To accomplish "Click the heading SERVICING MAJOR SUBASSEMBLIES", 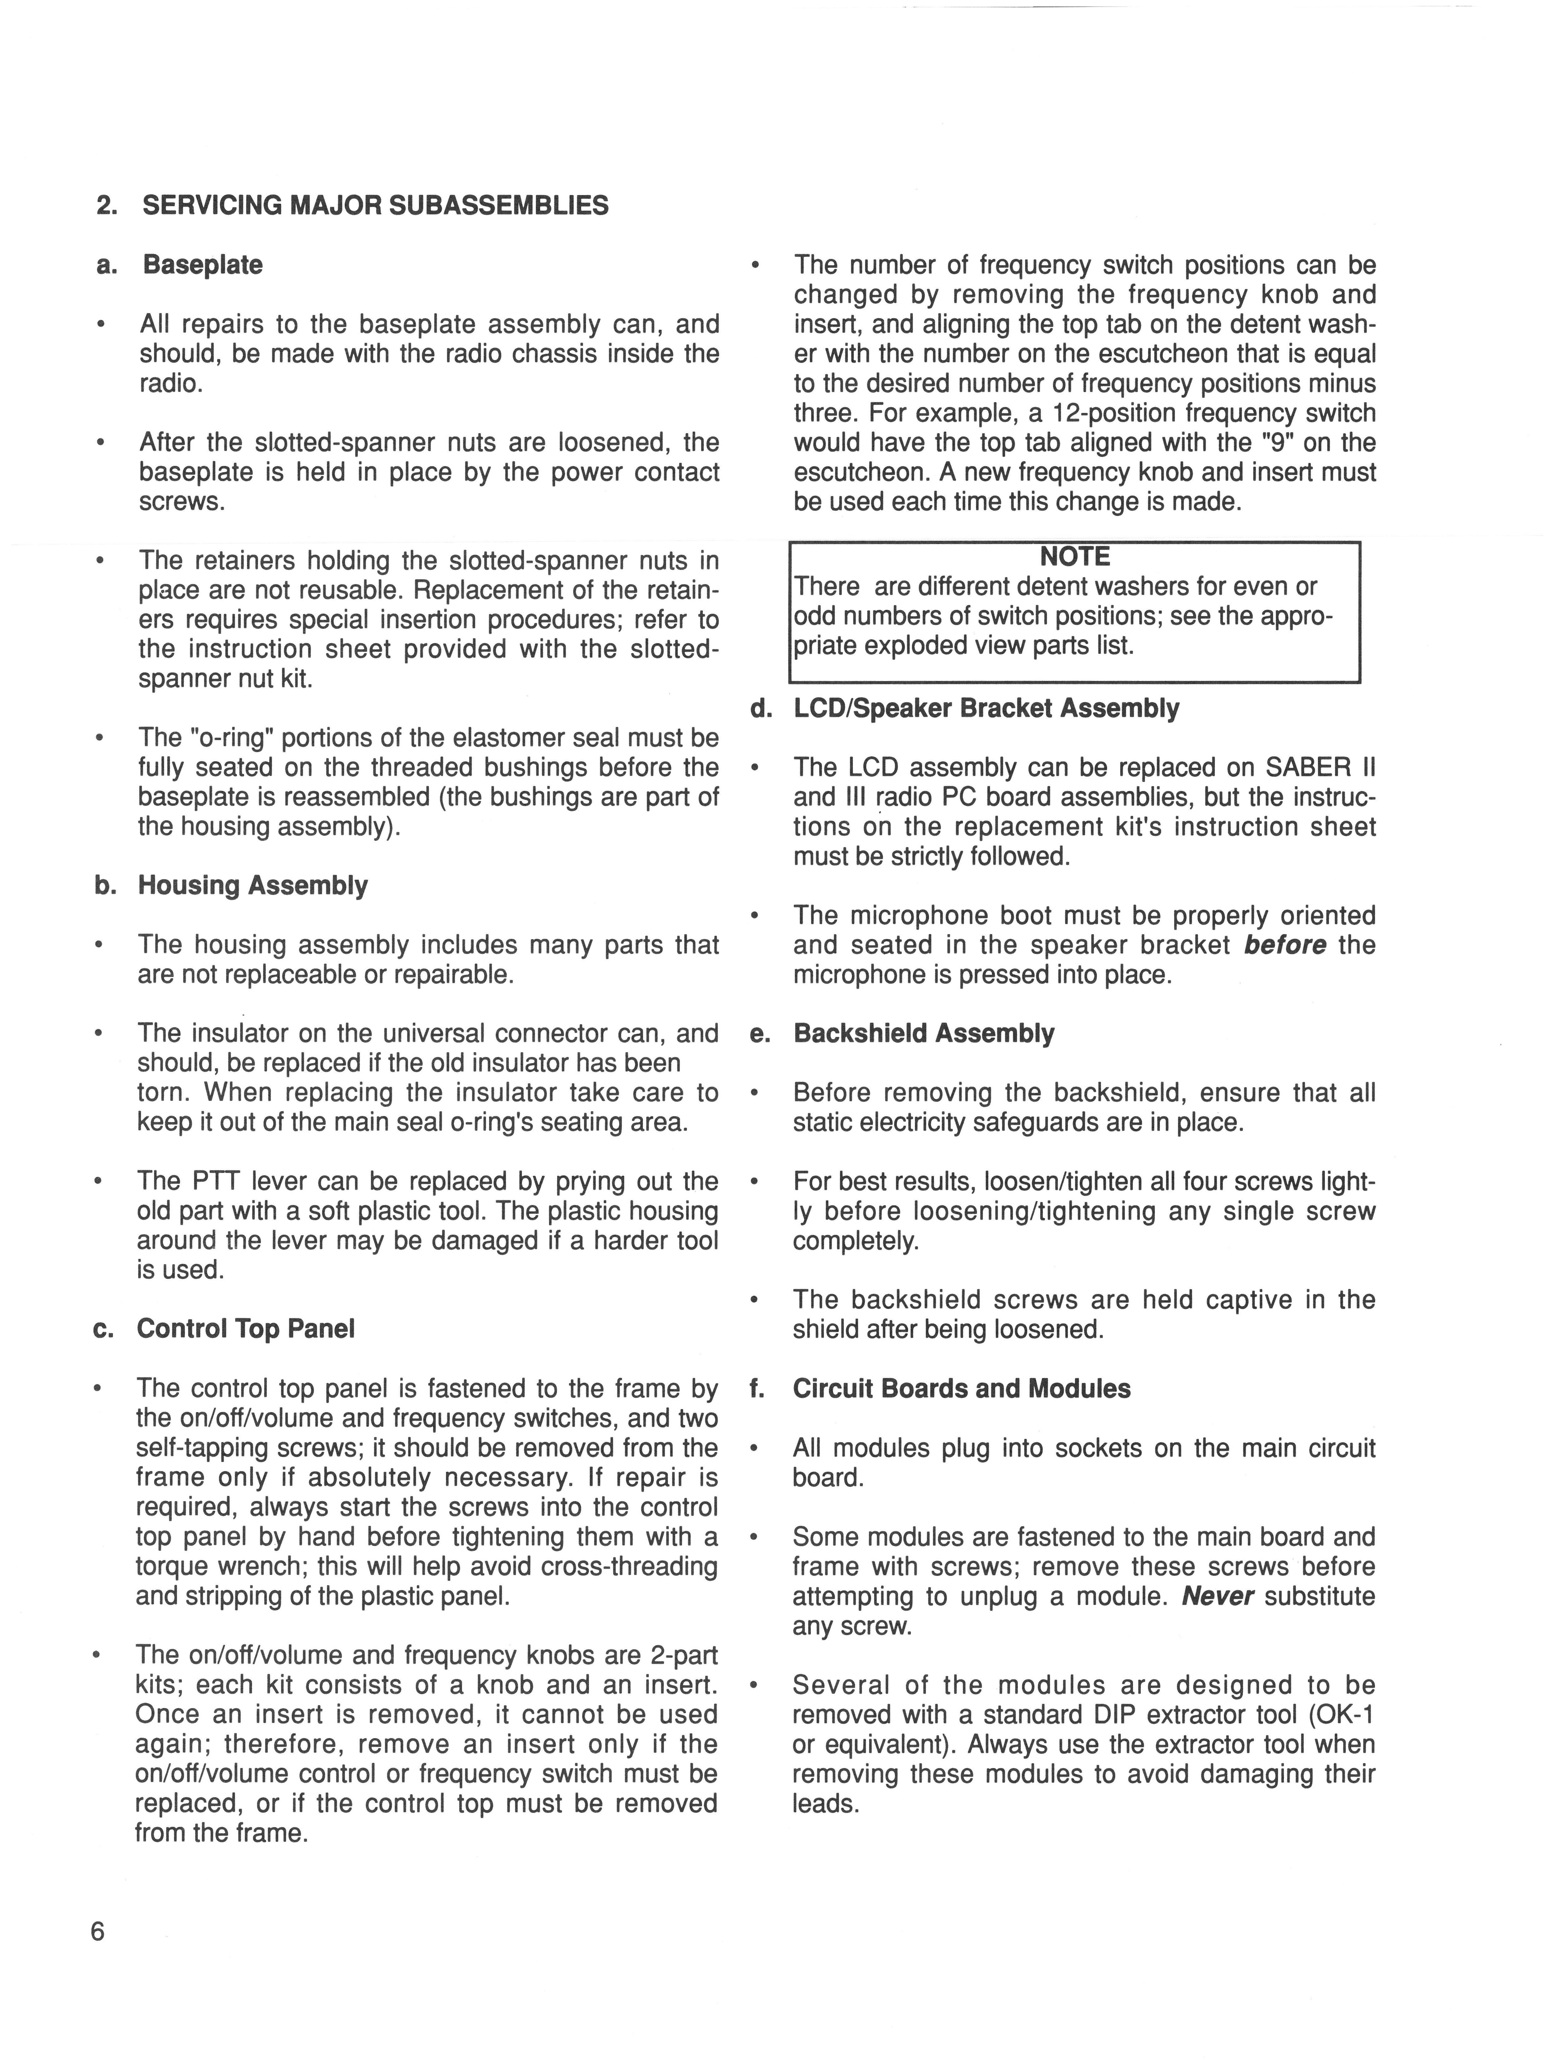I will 375,205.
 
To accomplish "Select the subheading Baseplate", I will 202,265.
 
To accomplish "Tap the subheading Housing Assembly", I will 253,885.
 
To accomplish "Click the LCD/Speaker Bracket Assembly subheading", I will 985,709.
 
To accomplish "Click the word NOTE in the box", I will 1075,557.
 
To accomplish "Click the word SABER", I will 1306,768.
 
